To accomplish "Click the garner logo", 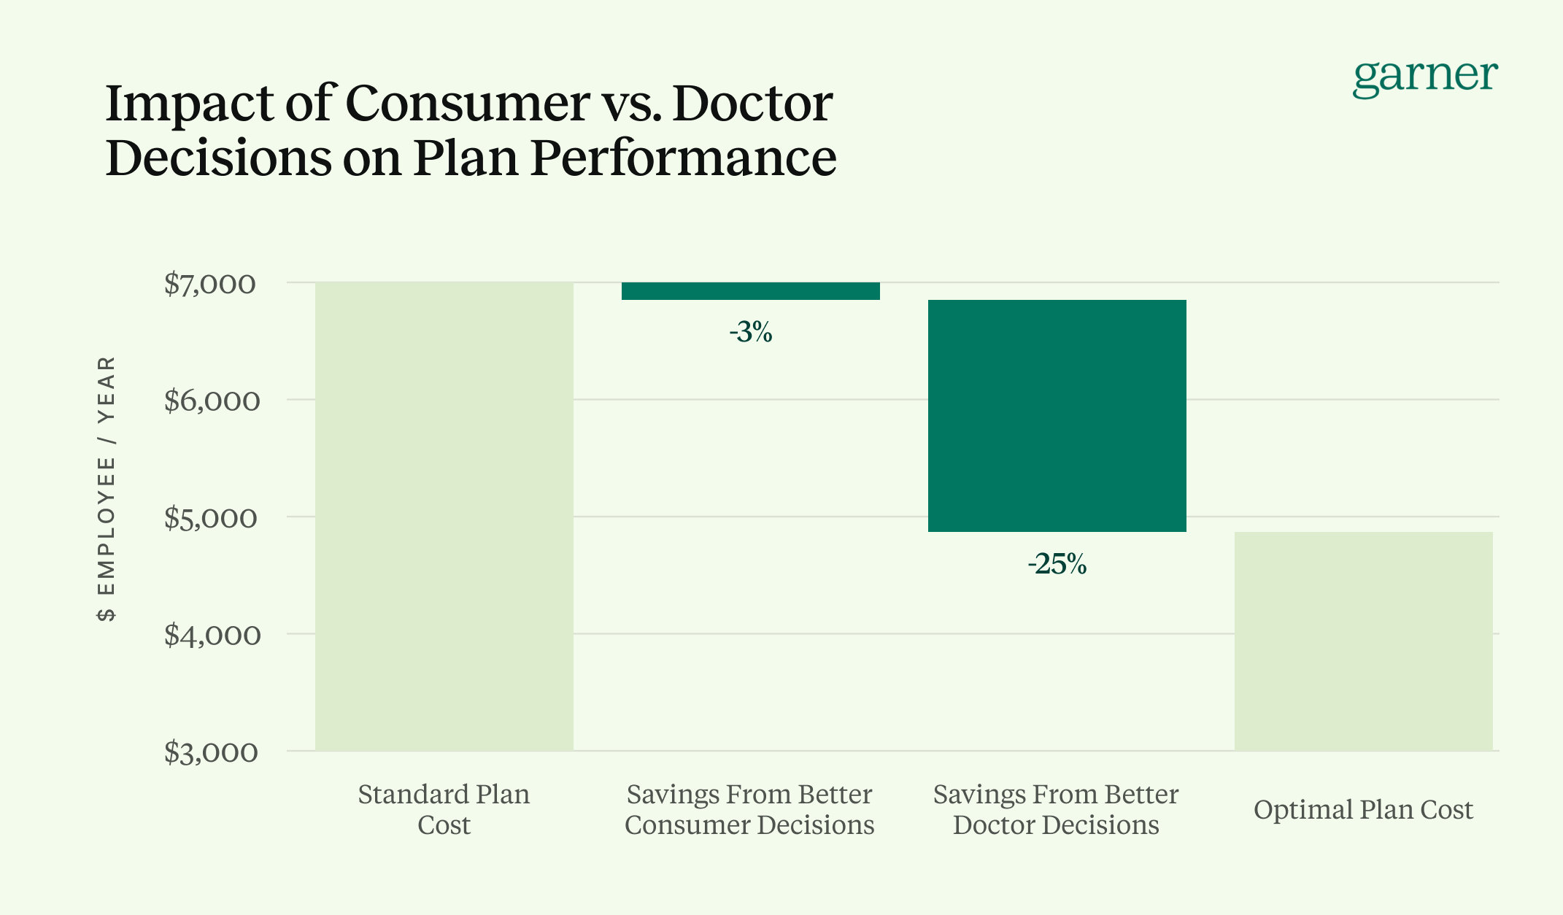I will pyautogui.click(x=1424, y=77).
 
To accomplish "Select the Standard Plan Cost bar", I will pyautogui.click(x=444, y=517).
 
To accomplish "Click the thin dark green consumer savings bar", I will pyautogui.click(x=750, y=291).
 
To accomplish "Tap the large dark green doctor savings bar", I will pyautogui.click(x=1057, y=416).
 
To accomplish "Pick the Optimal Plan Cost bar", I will pyautogui.click(x=1363, y=641).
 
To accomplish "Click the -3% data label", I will pyautogui.click(x=750, y=333).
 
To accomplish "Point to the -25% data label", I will pyautogui.click(x=1057, y=564).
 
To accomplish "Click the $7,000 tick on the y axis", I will pyautogui.click(x=210, y=284).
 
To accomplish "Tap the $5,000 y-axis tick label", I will pyautogui.click(x=210, y=518).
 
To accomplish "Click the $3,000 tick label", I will pyautogui.click(x=210, y=752).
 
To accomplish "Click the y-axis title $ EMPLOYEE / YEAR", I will pyautogui.click(x=107, y=489).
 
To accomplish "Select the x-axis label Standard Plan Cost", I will pyautogui.click(x=444, y=809).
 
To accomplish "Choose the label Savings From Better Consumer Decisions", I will pyautogui.click(x=749, y=809).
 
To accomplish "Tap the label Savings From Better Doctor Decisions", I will pyautogui.click(x=1056, y=809).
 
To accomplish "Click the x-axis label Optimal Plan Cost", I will pyautogui.click(x=1363, y=810).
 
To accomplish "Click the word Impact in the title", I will pyautogui.click(x=188, y=104).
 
